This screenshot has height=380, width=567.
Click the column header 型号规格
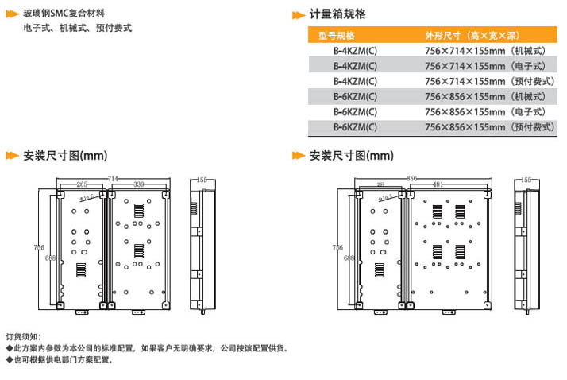(x=337, y=36)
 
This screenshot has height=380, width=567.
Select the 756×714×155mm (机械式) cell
(x=489, y=51)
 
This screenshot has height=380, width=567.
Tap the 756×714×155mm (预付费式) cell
(x=489, y=81)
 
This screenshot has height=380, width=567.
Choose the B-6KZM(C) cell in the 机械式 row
(x=355, y=96)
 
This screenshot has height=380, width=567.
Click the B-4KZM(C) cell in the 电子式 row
(x=355, y=66)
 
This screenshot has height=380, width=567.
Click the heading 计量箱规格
(x=337, y=14)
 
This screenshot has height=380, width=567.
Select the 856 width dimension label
(x=411, y=179)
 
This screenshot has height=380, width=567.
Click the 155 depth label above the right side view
(x=526, y=180)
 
